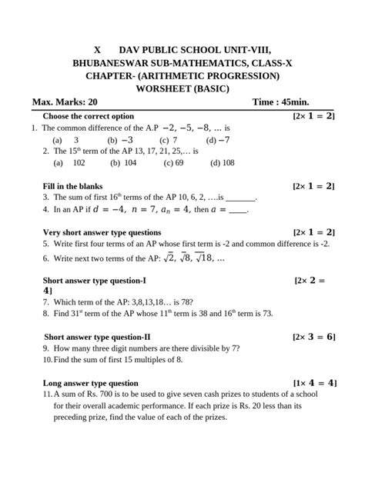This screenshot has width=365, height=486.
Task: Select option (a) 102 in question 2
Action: tap(69, 163)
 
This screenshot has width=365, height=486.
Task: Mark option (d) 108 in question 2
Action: tap(222, 163)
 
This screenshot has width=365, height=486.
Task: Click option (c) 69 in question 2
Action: tap(173, 163)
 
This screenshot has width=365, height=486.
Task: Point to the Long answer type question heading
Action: tap(91, 383)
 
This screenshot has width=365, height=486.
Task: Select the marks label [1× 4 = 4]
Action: tap(314, 383)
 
